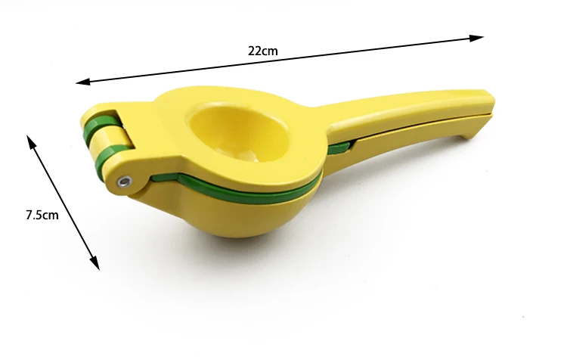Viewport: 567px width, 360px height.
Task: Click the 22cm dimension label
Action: coord(263,51)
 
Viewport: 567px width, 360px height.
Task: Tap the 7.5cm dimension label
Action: coord(42,215)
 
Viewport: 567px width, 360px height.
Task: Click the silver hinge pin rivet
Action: coord(125,181)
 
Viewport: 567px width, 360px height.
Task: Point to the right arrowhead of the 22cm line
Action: coord(476,38)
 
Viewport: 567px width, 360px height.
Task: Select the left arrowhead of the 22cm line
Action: coord(83,82)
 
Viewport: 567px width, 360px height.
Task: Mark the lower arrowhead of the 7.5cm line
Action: coord(94,263)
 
